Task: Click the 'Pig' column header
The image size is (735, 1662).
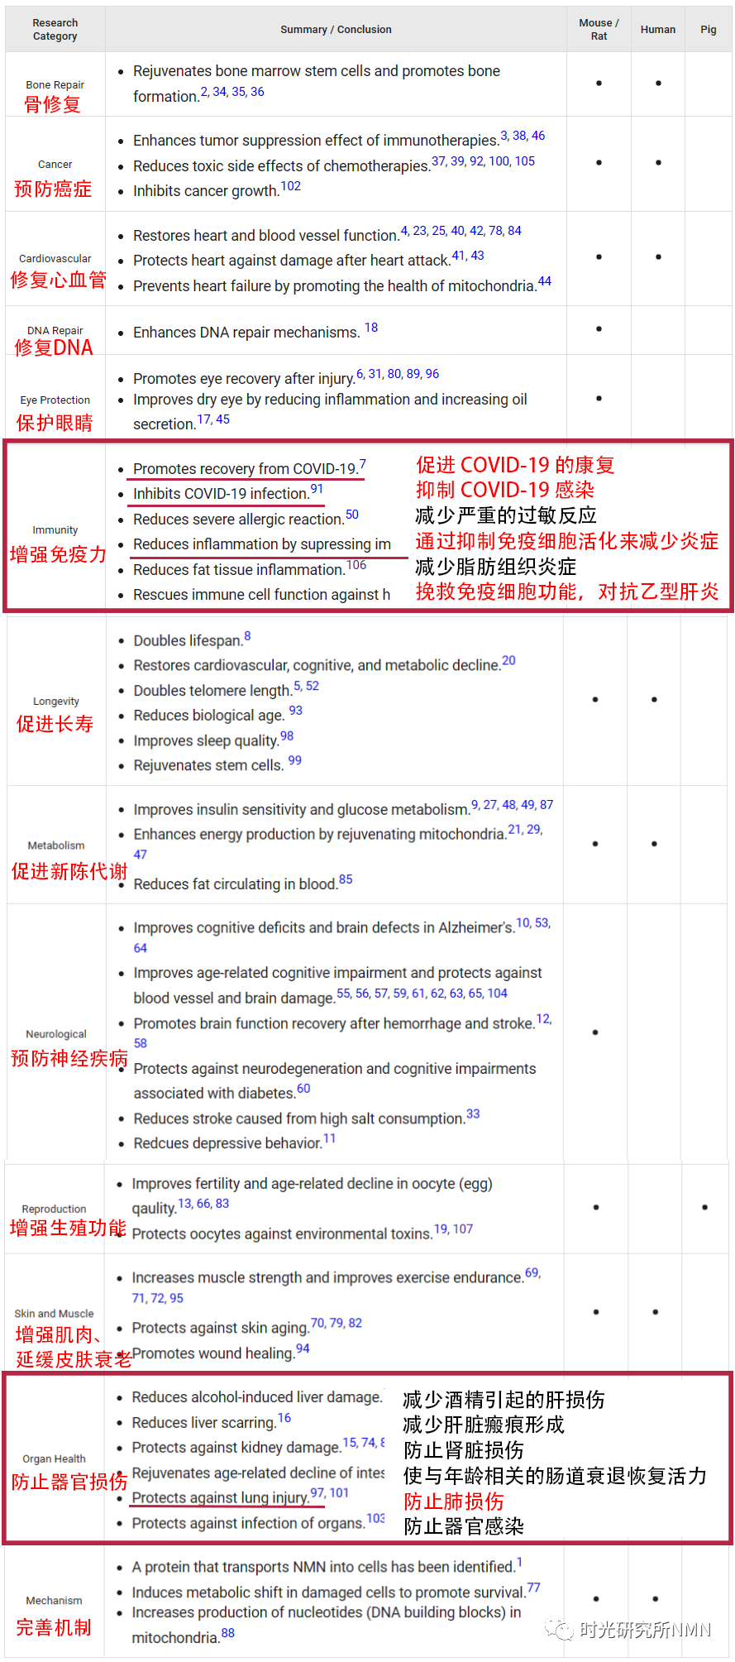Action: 708,30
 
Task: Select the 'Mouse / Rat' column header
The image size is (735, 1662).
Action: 599,30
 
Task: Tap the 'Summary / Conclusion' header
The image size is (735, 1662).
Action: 336,30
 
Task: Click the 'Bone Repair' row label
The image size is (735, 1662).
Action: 55,85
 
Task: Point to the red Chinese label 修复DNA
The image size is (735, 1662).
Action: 54,347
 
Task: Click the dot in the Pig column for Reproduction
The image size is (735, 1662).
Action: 704,1207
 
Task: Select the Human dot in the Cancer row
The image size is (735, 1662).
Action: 658,163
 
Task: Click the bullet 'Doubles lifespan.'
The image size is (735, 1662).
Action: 188,641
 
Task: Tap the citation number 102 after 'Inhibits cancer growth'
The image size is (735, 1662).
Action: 290,186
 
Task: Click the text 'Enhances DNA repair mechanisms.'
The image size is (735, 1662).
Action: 246,333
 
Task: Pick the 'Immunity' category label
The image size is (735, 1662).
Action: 55,530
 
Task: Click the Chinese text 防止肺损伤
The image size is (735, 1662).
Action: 453,1502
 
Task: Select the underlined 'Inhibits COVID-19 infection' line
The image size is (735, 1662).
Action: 221,494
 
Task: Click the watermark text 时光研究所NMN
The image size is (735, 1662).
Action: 645,1630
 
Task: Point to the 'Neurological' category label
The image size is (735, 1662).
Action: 56,1034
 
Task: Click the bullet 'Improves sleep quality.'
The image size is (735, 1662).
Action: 206,741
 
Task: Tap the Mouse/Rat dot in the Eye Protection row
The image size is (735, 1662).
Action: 599,399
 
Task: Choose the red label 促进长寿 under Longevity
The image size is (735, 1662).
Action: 55,724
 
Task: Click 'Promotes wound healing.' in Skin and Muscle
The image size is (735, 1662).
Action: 213,1353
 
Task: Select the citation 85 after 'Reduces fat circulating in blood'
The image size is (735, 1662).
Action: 346,879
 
